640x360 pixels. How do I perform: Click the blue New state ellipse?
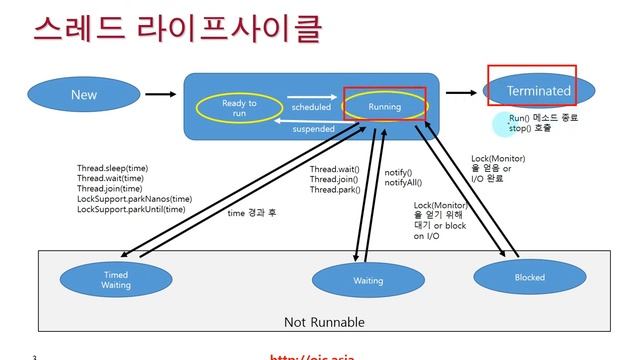click(84, 95)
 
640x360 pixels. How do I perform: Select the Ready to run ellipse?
click(239, 108)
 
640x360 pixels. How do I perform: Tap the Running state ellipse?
click(384, 107)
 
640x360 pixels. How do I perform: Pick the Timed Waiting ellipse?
click(116, 279)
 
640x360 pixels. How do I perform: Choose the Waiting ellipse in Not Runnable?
click(367, 281)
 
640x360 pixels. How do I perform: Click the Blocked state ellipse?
click(529, 276)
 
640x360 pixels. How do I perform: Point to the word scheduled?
click(310, 106)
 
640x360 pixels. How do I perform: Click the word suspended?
click(312, 129)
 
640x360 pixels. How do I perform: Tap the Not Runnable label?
click(325, 322)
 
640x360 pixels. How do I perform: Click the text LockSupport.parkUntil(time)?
click(131, 209)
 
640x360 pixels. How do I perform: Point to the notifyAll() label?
click(403, 183)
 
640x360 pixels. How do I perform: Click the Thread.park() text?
click(334, 190)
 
